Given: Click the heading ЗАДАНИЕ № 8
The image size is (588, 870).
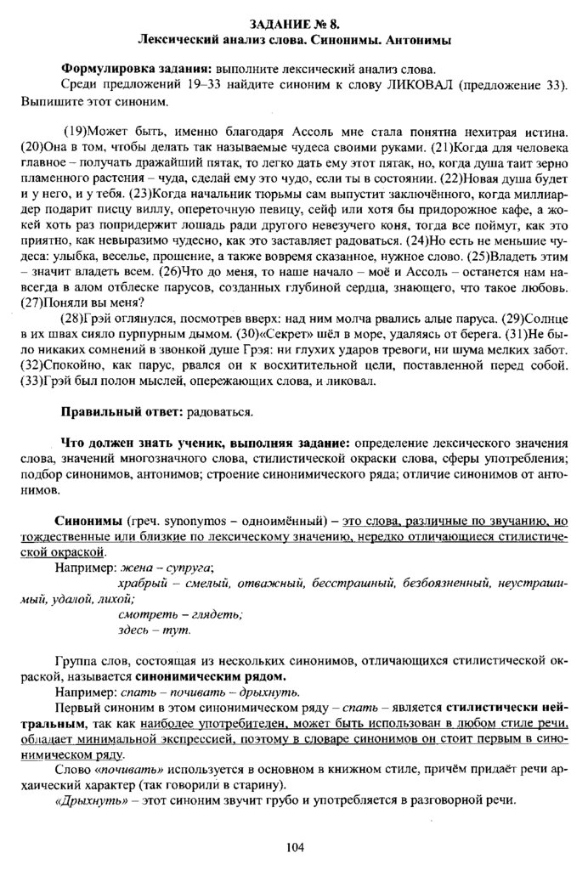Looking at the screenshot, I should [x=293, y=23].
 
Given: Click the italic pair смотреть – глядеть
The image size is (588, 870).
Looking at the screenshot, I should [x=180, y=614].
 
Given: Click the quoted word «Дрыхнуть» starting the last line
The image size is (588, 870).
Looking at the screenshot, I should [x=88, y=804].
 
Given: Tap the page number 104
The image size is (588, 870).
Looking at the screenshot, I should [x=294, y=845].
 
